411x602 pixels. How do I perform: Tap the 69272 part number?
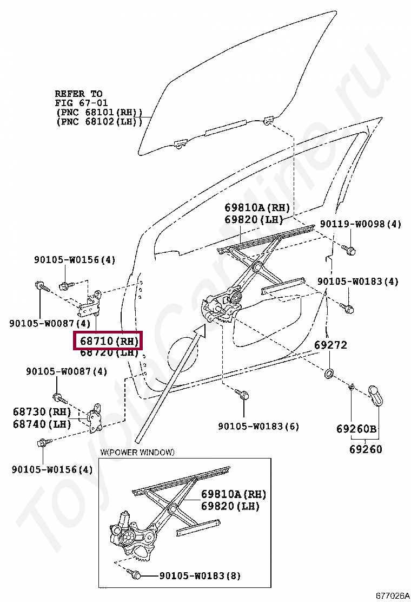330,345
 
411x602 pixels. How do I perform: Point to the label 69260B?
356,429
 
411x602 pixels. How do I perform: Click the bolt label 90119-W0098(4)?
360,224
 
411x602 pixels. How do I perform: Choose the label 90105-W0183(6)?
258,426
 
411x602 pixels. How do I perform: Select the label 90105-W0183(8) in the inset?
200,575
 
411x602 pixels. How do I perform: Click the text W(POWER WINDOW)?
137,453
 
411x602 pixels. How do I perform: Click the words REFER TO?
78,94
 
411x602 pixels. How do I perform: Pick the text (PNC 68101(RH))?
99,112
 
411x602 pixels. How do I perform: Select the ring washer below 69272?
328,374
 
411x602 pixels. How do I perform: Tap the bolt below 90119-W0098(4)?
349,250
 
